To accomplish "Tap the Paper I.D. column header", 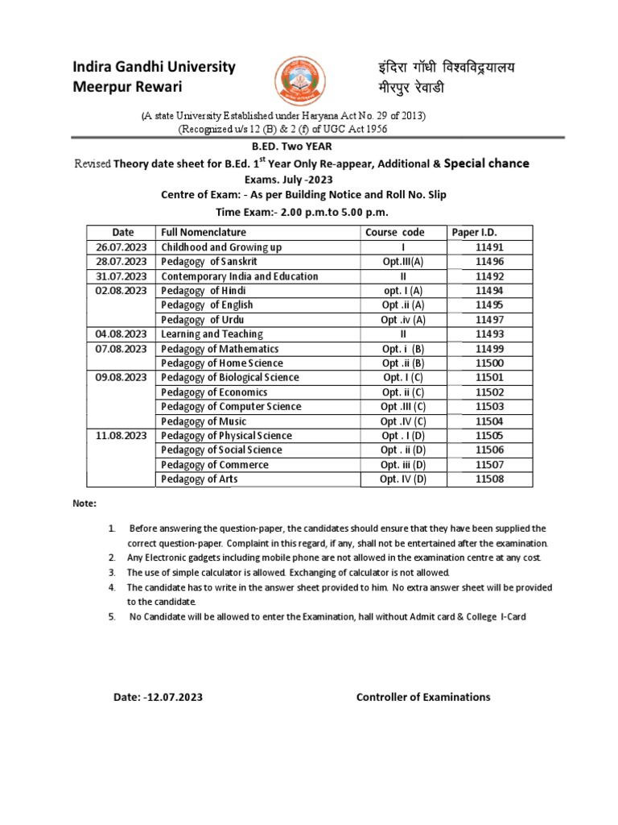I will (476, 232).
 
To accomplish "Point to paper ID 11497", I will (489, 320).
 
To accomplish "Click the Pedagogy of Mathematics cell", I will (220, 349).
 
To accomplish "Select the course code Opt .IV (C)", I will (403, 421).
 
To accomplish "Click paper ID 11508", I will (489, 479).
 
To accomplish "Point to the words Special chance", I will (487, 164).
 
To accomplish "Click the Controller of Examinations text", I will (423, 697).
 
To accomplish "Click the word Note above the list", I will (84, 504).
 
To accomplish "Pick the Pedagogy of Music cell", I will (204, 421).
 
